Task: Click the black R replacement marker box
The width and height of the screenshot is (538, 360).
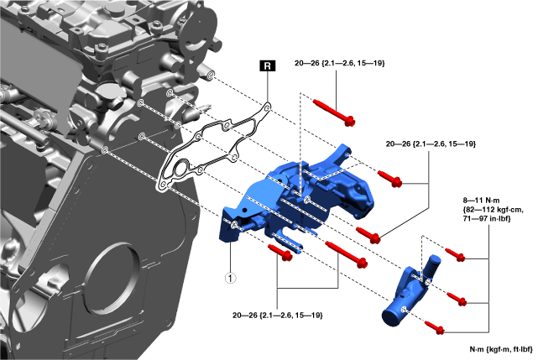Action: tap(268, 65)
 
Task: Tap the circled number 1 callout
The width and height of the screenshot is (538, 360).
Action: tap(230, 278)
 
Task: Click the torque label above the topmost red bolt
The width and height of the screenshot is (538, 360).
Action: tap(339, 63)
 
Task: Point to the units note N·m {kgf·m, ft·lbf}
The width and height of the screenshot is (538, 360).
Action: tap(501, 349)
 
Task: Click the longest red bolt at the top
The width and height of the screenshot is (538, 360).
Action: tap(334, 112)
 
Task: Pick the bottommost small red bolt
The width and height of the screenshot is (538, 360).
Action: tap(435, 327)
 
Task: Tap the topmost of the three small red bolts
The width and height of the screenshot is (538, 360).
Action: tap(455, 254)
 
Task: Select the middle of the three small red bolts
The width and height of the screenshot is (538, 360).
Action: tap(457, 298)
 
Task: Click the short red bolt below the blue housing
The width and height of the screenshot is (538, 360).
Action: tap(280, 253)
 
